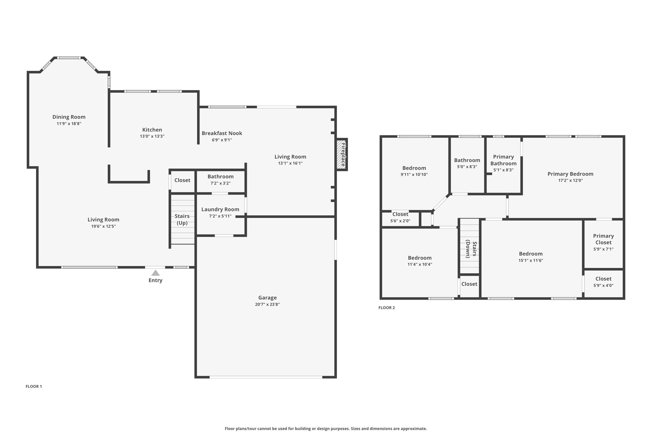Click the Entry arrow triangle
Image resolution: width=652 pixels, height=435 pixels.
pos(155,273)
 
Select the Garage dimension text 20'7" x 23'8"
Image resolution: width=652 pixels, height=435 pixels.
pos(267,304)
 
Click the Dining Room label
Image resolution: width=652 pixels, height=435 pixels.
pos(69,117)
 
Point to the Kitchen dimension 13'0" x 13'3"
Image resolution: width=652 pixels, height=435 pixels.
pos(152,136)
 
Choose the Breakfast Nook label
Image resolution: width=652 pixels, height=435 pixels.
pos(222,133)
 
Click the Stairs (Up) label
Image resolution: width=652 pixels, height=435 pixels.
pos(182,219)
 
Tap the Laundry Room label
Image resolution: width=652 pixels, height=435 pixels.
pos(220,209)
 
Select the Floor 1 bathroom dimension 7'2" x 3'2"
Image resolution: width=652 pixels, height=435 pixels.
pos(220,183)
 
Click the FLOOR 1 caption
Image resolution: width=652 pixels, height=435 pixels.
pos(34,386)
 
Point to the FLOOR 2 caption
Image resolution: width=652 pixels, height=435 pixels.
pos(386,308)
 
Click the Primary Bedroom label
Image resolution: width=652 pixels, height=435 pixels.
pos(570,174)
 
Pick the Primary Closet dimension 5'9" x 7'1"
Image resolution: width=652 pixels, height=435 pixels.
pos(603,249)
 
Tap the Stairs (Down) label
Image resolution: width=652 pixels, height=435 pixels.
pos(471,249)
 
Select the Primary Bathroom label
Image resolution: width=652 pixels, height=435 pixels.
pos(503,160)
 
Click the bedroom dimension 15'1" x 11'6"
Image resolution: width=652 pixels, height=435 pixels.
pos(530,260)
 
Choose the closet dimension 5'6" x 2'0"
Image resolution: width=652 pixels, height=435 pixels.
pos(400,221)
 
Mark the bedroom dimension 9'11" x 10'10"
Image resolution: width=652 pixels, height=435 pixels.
pos(414,175)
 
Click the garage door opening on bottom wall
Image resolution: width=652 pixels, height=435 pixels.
pos(266,377)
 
